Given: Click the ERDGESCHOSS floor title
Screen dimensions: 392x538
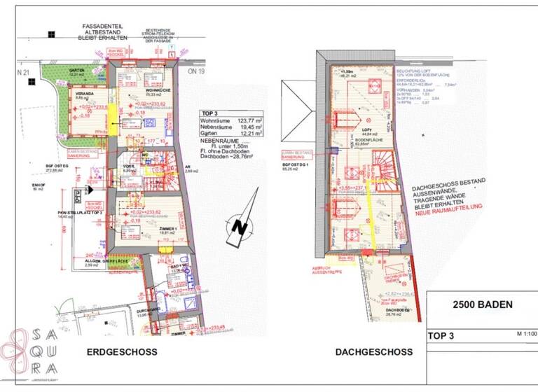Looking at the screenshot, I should click(121, 351).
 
